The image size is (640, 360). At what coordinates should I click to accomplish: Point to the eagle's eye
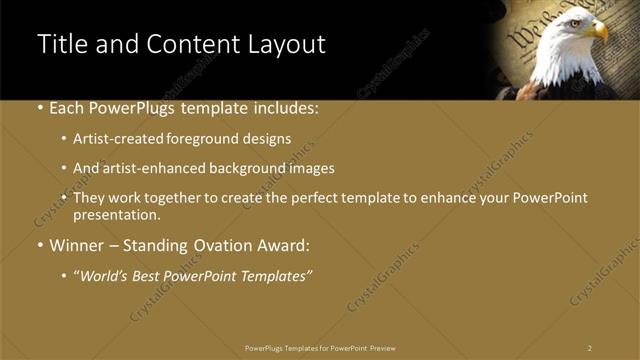point(583,21)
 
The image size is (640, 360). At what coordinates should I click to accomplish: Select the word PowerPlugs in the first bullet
point(120,108)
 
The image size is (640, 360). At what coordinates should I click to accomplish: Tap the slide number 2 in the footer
point(590,348)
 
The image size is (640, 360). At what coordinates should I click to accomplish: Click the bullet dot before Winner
point(39,244)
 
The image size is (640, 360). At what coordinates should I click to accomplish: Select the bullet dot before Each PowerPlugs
point(39,108)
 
